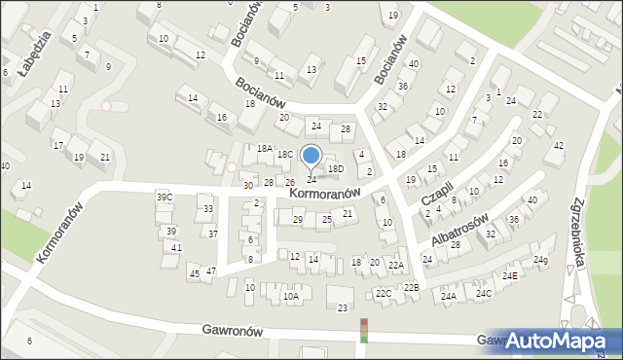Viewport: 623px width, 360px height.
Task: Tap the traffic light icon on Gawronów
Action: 365,330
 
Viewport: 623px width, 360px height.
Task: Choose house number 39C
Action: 165,198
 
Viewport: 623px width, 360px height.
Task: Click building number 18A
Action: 265,148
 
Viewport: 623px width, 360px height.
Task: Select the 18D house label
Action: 336,169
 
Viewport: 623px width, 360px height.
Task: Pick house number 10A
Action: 291,296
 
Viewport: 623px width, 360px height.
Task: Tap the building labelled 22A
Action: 395,265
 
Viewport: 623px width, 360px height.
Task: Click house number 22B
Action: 412,287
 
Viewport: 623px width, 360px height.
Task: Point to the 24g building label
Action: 540,260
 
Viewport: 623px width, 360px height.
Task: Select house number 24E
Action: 510,275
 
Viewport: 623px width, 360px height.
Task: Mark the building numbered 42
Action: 558,146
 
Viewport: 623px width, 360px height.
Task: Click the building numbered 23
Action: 342,308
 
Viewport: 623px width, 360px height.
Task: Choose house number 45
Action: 195,273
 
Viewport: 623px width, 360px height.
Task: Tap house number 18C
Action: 285,155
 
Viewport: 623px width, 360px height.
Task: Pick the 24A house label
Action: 449,297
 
